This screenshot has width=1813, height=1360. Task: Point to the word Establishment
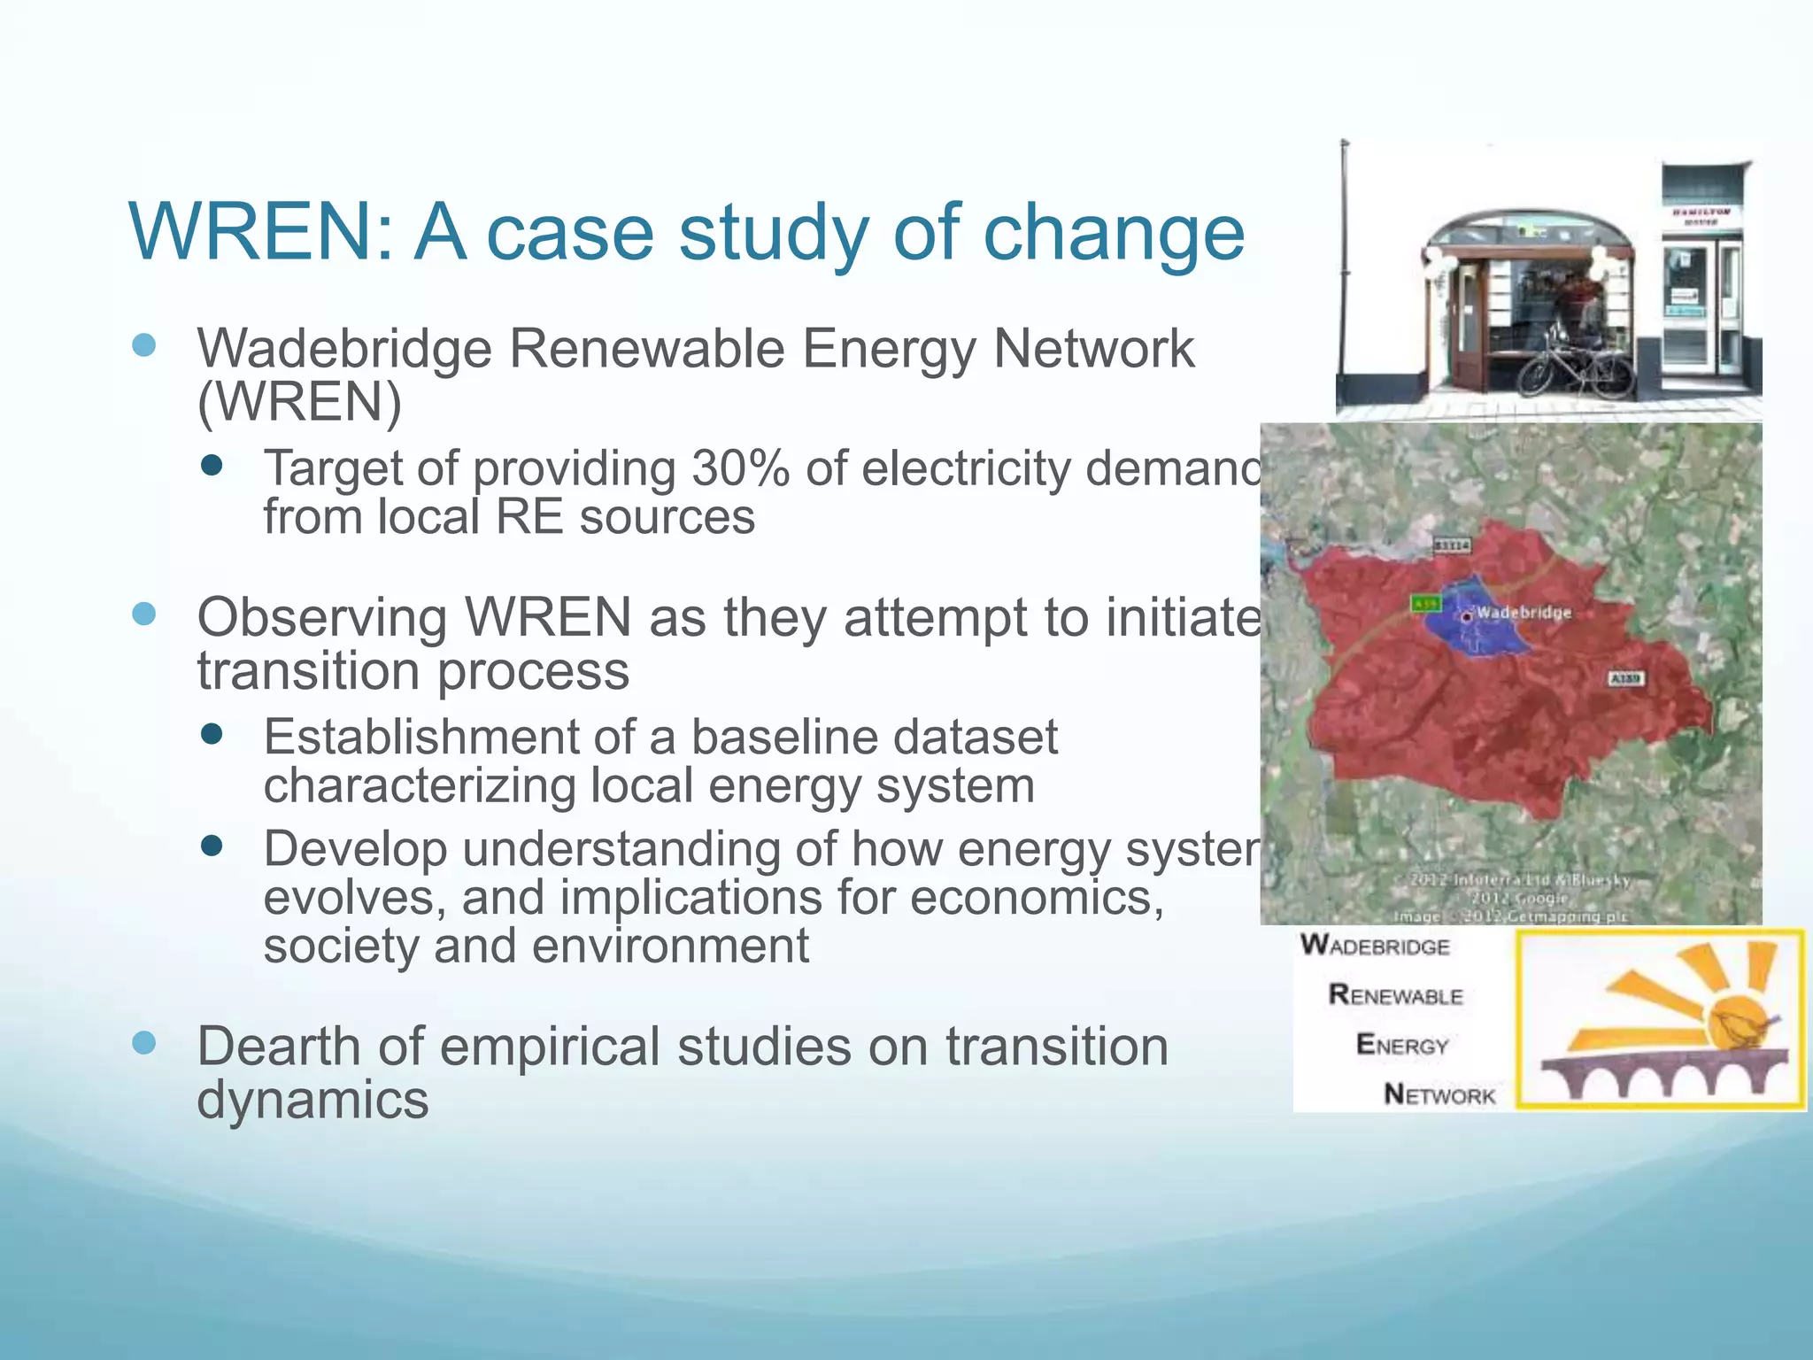pos(420,737)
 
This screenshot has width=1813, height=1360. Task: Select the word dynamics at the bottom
pos(312,1100)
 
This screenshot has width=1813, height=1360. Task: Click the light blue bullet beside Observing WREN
pos(143,614)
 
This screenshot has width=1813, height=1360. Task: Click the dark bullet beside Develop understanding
pos(212,846)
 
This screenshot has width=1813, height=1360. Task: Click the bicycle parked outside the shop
pos(1575,363)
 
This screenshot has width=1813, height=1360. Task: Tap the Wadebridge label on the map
pos(1524,612)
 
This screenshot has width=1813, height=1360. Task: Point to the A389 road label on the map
pos(1625,678)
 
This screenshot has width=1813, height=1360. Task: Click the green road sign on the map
pos(1424,604)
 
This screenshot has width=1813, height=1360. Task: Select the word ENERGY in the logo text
pos(1402,1046)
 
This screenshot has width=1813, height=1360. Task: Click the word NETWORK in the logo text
pos(1439,1095)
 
